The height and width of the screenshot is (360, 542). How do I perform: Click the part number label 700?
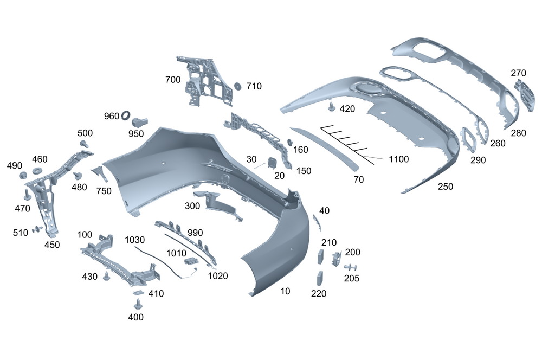173,80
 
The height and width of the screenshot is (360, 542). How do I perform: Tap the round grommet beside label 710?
237,86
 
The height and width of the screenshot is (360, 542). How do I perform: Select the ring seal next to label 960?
126,114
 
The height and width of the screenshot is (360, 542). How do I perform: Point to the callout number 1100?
398,159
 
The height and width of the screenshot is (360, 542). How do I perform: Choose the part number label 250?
446,187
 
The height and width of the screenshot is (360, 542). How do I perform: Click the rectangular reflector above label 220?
320,278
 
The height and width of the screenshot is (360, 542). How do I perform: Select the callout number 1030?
135,239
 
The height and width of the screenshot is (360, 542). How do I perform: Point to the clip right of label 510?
37,230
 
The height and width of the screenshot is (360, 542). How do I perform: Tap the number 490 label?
14,165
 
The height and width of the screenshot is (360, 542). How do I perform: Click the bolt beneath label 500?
85,143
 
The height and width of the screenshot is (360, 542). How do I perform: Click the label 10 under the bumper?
285,292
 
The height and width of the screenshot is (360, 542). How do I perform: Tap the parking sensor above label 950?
141,120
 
